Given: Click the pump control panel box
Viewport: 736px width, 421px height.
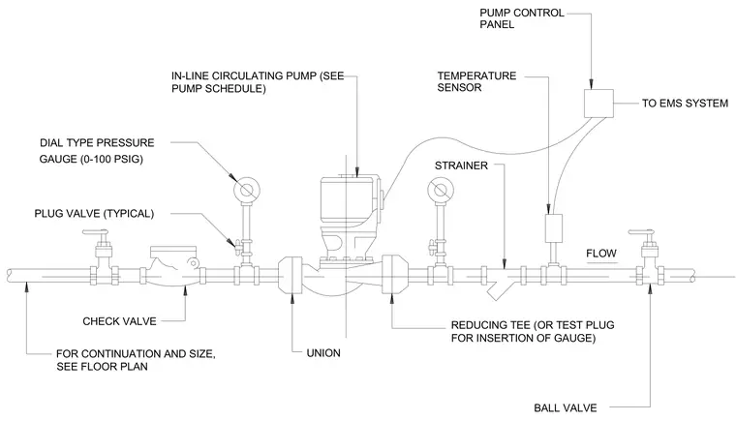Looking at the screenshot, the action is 598,104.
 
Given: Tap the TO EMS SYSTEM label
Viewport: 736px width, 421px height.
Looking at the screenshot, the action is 685,104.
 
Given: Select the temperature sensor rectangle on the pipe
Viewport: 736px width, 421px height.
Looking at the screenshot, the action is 553,228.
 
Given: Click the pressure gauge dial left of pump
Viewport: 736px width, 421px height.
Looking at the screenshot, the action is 246,190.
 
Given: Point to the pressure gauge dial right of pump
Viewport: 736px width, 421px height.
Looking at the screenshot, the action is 441,190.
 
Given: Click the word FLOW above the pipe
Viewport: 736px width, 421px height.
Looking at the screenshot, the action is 600,254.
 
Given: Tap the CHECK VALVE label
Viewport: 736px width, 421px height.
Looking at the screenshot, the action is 119,321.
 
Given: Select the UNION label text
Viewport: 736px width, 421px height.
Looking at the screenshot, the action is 323,353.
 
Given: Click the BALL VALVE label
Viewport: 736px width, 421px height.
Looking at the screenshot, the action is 566,407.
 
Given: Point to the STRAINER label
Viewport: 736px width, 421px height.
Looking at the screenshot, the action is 461,165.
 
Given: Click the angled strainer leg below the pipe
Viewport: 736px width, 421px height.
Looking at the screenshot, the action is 496,289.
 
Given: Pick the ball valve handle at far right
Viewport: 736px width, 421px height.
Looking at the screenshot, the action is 641,233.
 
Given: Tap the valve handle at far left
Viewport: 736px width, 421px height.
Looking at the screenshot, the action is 95,233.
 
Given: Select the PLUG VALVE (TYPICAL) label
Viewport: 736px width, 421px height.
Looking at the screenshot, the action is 94,214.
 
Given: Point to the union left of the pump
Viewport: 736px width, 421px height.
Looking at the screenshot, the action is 291,275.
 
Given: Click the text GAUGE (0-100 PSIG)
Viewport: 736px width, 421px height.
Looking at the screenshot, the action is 91,159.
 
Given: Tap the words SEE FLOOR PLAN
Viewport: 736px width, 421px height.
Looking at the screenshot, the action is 102,367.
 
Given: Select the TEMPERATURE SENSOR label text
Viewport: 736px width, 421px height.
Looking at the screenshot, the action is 476,81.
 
